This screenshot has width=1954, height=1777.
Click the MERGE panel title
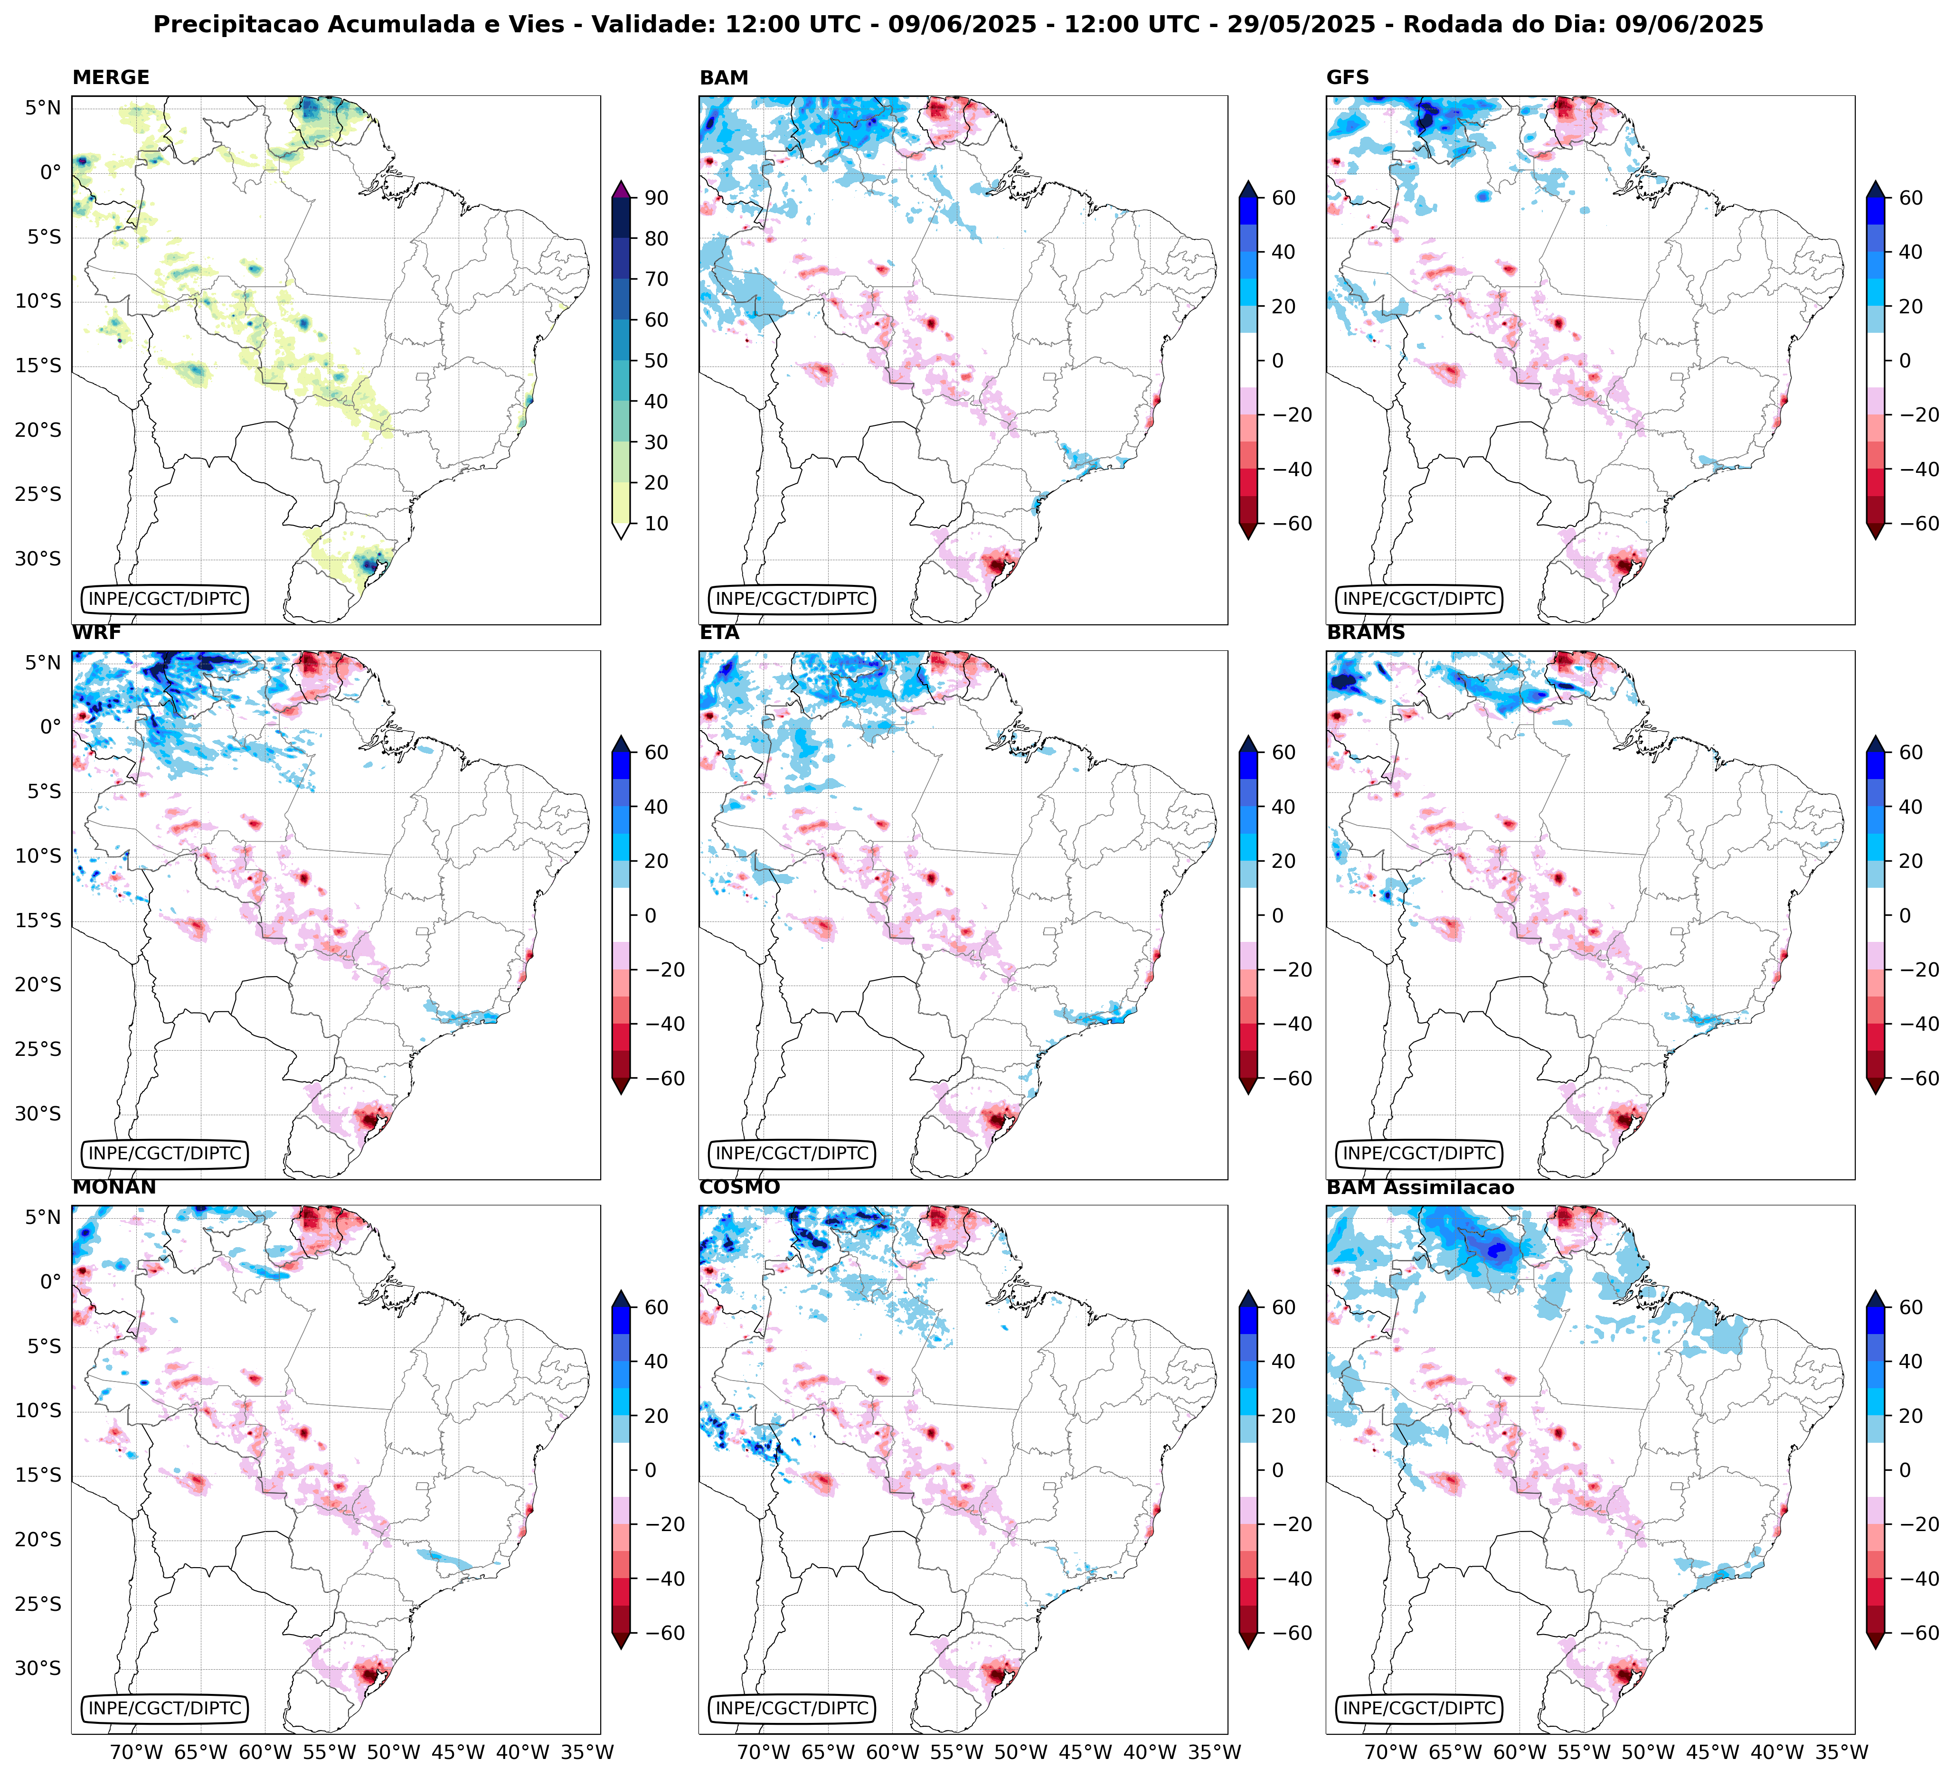tap(111, 77)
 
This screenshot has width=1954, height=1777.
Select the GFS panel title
tap(1347, 77)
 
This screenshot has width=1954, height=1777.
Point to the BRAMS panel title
tap(1366, 633)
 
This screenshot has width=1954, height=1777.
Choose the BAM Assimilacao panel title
tap(1420, 1187)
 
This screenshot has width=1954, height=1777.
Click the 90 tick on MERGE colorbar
tap(656, 197)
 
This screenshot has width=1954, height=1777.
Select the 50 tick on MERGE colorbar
tap(656, 360)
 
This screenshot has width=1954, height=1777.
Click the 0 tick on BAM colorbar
tap(1277, 360)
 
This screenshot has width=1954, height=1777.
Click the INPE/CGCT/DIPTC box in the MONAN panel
tap(165, 1708)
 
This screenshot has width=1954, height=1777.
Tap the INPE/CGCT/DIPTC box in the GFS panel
tap(1419, 599)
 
